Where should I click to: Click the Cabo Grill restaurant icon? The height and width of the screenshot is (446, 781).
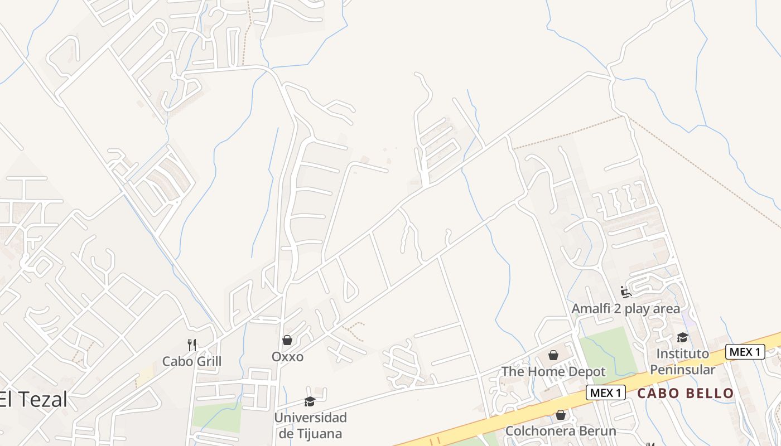[x=192, y=345]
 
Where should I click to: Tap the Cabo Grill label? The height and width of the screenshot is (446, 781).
[x=192, y=361]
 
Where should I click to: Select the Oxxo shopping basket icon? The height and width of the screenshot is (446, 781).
[x=287, y=340]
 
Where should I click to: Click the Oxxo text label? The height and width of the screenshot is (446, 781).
[x=287, y=356]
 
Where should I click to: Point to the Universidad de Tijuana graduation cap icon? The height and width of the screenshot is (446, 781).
[x=310, y=401]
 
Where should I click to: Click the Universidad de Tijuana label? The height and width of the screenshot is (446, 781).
[x=310, y=425]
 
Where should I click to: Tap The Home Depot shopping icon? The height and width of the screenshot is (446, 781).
[x=553, y=355]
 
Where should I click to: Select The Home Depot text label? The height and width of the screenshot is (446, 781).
[x=553, y=371]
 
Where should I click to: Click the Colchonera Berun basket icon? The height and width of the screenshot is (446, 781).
[x=561, y=415]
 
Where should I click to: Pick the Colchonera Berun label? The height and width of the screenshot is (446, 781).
[x=561, y=431]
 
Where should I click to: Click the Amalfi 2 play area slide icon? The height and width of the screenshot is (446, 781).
[x=625, y=292]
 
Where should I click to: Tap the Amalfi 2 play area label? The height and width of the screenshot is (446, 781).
[x=625, y=308]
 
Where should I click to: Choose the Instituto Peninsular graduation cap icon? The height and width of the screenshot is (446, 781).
[x=682, y=337]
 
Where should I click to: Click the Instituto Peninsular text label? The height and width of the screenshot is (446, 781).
[x=682, y=361]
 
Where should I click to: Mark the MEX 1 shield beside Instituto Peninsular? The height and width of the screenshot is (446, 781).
[x=745, y=352]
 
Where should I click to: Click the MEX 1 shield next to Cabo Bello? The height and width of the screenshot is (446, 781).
[x=605, y=392]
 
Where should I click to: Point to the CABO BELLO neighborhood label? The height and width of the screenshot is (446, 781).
[x=686, y=393]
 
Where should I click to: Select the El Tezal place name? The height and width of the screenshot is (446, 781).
[x=33, y=400]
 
